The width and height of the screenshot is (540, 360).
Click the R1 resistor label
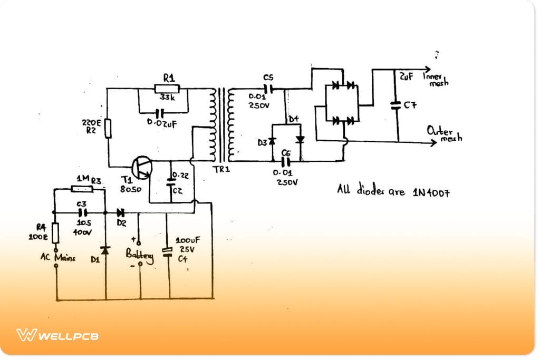(169, 78)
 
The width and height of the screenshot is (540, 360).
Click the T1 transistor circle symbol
(142, 167)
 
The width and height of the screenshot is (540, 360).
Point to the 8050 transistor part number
(131, 189)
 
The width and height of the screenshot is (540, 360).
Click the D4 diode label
(293, 119)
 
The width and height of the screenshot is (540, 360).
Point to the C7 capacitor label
(410, 105)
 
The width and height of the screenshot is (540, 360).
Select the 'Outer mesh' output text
(443, 134)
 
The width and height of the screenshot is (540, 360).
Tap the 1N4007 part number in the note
(431, 192)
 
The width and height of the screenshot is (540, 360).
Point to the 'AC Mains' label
(57, 258)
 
